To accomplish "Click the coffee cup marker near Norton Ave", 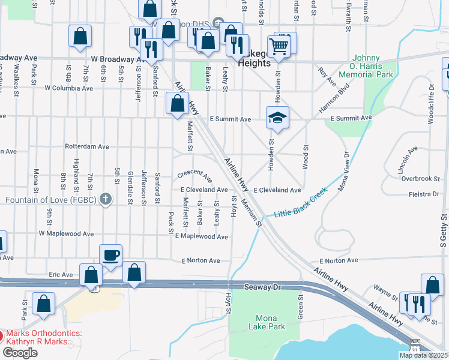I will click(x=110, y=255).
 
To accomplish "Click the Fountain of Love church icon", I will click(x=106, y=199).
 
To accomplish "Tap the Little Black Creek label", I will click(x=300, y=205).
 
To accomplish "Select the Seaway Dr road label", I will click(x=263, y=287).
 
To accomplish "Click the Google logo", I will click(x=20, y=352).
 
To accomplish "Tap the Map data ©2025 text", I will click(x=423, y=355).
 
